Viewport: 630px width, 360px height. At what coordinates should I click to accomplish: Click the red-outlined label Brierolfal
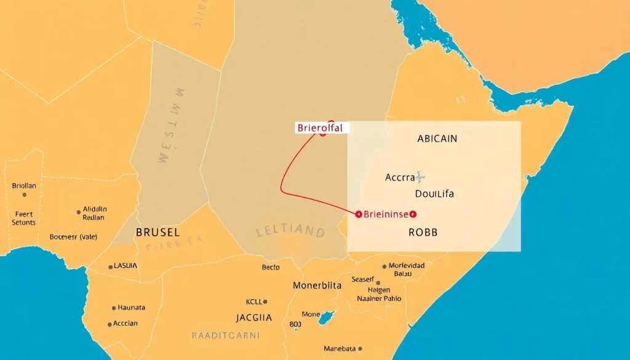(319, 129)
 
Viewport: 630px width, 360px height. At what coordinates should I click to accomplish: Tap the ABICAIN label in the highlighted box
(437, 138)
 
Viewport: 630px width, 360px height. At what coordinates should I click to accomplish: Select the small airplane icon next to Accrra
(420, 177)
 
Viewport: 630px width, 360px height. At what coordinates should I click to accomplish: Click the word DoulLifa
(434, 194)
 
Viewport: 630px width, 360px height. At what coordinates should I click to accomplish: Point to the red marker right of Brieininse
(413, 214)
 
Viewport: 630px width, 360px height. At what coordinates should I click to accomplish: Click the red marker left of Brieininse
(358, 214)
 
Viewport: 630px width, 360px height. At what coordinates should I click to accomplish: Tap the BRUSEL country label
(157, 233)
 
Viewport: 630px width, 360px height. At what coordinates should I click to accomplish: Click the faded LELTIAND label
(290, 232)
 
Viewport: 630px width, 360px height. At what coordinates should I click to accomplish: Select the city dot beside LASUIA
(111, 266)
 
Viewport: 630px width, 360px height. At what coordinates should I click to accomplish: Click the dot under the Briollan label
(24, 194)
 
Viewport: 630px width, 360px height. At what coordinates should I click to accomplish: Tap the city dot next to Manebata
(360, 348)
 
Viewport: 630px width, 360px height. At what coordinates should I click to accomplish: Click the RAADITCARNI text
(225, 336)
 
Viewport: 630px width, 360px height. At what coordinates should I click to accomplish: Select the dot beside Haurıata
(114, 308)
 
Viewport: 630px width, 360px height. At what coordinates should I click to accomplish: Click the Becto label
(270, 268)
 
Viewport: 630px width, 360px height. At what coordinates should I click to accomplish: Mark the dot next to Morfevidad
(385, 266)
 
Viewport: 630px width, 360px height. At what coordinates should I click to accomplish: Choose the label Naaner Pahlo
(379, 298)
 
